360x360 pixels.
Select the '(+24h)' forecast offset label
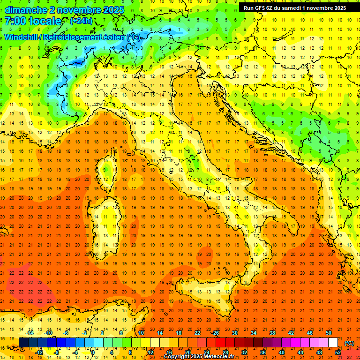tap(81, 21)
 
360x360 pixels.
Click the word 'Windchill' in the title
tap(21, 37)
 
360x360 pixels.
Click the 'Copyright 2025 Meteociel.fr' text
tap(199, 357)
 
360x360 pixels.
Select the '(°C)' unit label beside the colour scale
tap(349, 343)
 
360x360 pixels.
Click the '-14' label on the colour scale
tap(30, 332)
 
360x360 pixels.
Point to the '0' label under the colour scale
tap(93, 352)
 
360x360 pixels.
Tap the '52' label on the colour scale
tap(337, 352)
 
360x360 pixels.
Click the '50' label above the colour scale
tap(328, 332)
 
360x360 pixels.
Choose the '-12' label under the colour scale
tap(39, 352)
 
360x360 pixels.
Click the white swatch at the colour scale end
tap(333, 342)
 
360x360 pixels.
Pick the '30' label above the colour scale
tap(234, 332)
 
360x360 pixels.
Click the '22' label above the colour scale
tap(197, 332)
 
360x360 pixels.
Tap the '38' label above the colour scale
tap(272, 332)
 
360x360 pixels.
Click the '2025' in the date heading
tap(114, 9)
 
